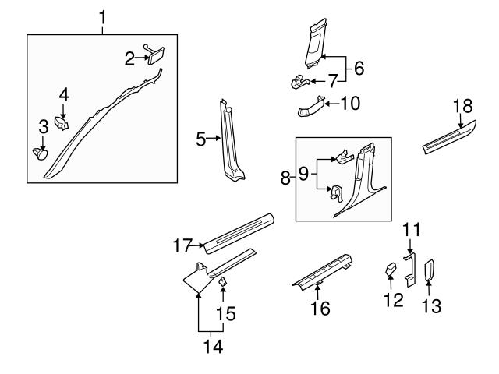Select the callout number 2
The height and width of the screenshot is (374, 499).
(130, 57)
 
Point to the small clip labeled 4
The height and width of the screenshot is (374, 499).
(64, 122)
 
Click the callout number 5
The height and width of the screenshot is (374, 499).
(201, 139)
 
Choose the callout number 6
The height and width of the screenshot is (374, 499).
(359, 68)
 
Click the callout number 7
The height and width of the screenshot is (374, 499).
(332, 79)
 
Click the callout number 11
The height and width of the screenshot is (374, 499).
(411, 230)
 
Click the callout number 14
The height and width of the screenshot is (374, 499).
(207, 344)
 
